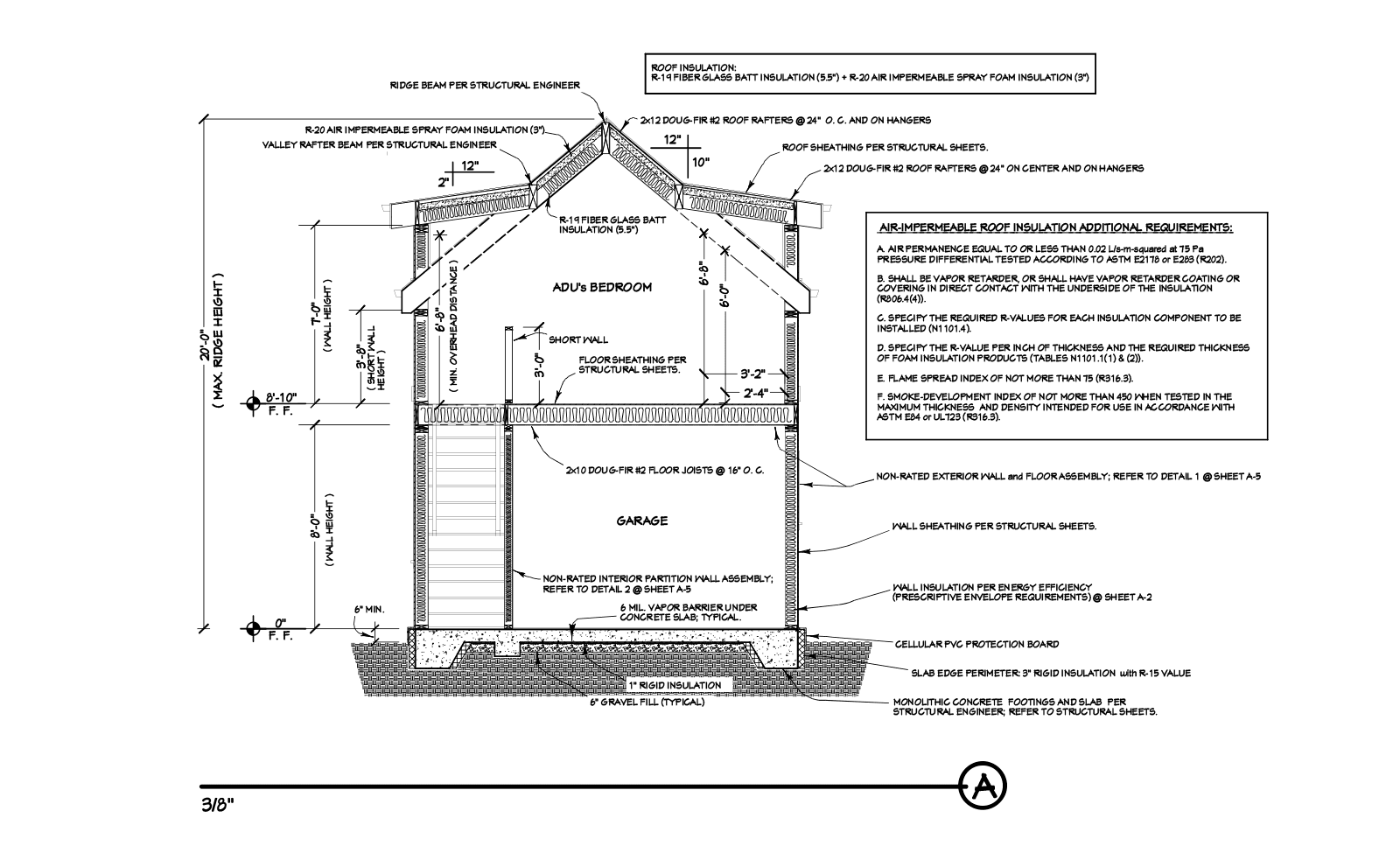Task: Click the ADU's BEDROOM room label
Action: click(602, 287)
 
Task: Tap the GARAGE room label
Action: click(641, 521)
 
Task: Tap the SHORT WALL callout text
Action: click(577, 339)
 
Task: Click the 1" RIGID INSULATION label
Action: click(674, 685)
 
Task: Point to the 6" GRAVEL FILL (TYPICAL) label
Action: click(647, 702)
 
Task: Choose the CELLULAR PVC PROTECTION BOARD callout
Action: click(976, 644)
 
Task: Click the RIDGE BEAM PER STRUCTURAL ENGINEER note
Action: click(485, 85)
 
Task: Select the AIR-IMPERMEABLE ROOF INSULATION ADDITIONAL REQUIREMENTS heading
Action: click(1055, 227)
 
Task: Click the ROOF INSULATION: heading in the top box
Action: click(694, 66)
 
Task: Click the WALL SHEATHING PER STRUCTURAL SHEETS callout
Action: click(994, 527)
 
